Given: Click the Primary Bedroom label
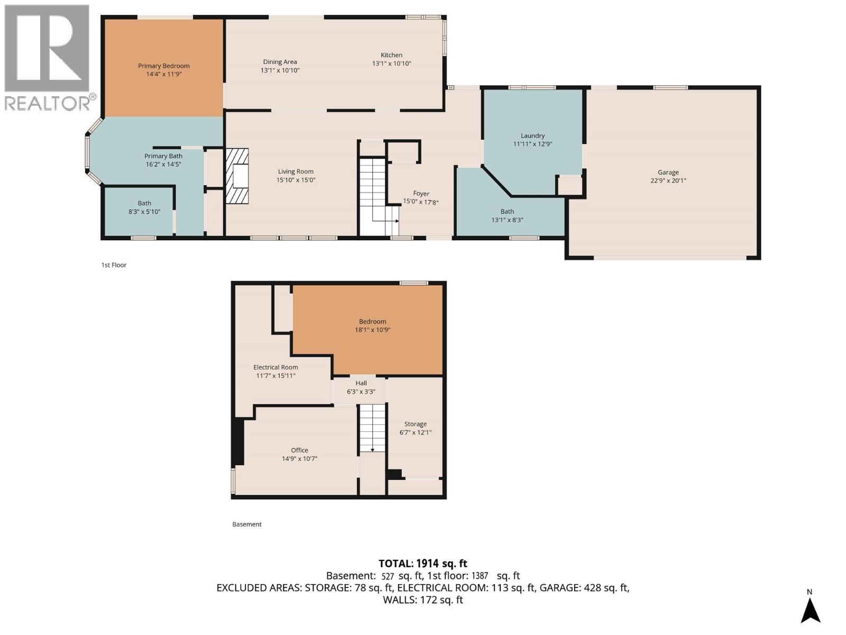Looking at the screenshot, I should [164, 66].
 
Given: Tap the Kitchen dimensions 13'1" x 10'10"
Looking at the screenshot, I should [391, 63].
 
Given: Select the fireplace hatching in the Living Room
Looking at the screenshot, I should [237, 176].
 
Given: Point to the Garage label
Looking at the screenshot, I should [668, 172].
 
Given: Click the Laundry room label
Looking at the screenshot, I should [532, 135].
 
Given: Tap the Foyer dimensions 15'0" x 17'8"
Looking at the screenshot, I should [421, 202].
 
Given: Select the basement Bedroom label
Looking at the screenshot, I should [372, 321].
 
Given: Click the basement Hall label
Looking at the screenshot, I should [361, 383].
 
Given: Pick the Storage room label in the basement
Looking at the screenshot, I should [415, 424].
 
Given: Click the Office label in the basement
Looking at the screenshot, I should [299, 450].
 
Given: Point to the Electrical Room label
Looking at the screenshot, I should [275, 367].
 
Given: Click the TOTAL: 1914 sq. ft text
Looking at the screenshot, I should [422, 564].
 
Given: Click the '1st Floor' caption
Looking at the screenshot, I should [114, 265].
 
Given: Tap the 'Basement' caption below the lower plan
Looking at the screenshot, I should [247, 524].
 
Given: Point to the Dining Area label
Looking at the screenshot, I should [280, 62].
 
